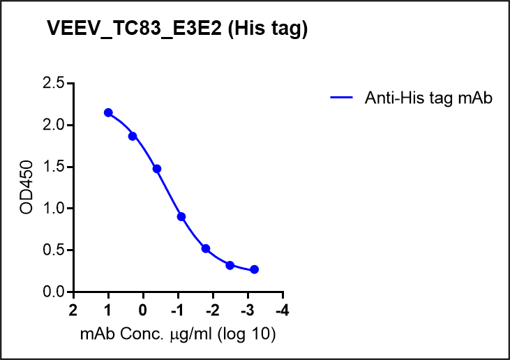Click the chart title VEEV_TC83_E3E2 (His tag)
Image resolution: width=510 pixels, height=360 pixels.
click(177, 29)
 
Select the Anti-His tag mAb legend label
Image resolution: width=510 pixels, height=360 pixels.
click(428, 98)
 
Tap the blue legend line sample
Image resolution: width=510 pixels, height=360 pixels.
click(343, 98)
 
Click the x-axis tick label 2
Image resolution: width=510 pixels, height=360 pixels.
click(73, 309)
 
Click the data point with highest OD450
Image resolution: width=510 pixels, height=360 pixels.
click(108, 112)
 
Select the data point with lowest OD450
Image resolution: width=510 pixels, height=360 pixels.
click(254, 269)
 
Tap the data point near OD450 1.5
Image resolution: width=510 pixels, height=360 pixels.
click(157, 169)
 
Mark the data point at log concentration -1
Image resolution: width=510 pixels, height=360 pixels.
click(181, 217)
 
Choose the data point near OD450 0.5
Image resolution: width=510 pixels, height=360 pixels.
click(206, 248)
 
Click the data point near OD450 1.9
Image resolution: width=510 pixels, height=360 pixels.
click(133, 136)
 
